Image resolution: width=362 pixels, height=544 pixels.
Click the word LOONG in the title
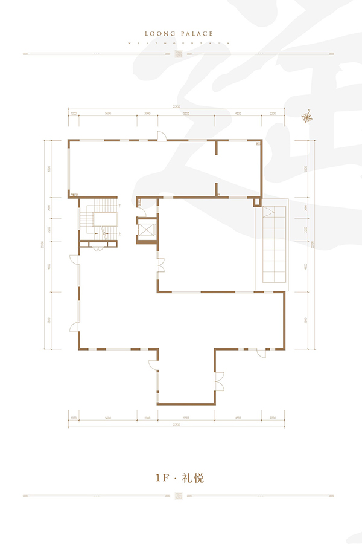tap(160, 34)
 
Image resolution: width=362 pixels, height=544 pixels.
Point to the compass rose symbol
tap(308, 118)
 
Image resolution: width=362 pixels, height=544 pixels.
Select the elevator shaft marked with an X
tap(147, 229)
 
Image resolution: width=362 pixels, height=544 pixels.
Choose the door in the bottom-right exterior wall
tap(261, 352)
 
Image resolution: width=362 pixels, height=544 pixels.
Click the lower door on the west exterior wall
tap(74, 326)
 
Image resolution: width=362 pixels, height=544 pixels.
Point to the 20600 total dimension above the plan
tap(175, 106)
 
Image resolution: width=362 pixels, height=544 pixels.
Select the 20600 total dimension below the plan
tap(175, 425)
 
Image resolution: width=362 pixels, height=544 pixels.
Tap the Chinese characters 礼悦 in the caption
tap(195, 478)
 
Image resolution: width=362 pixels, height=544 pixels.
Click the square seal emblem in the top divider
tap(178, 54)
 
